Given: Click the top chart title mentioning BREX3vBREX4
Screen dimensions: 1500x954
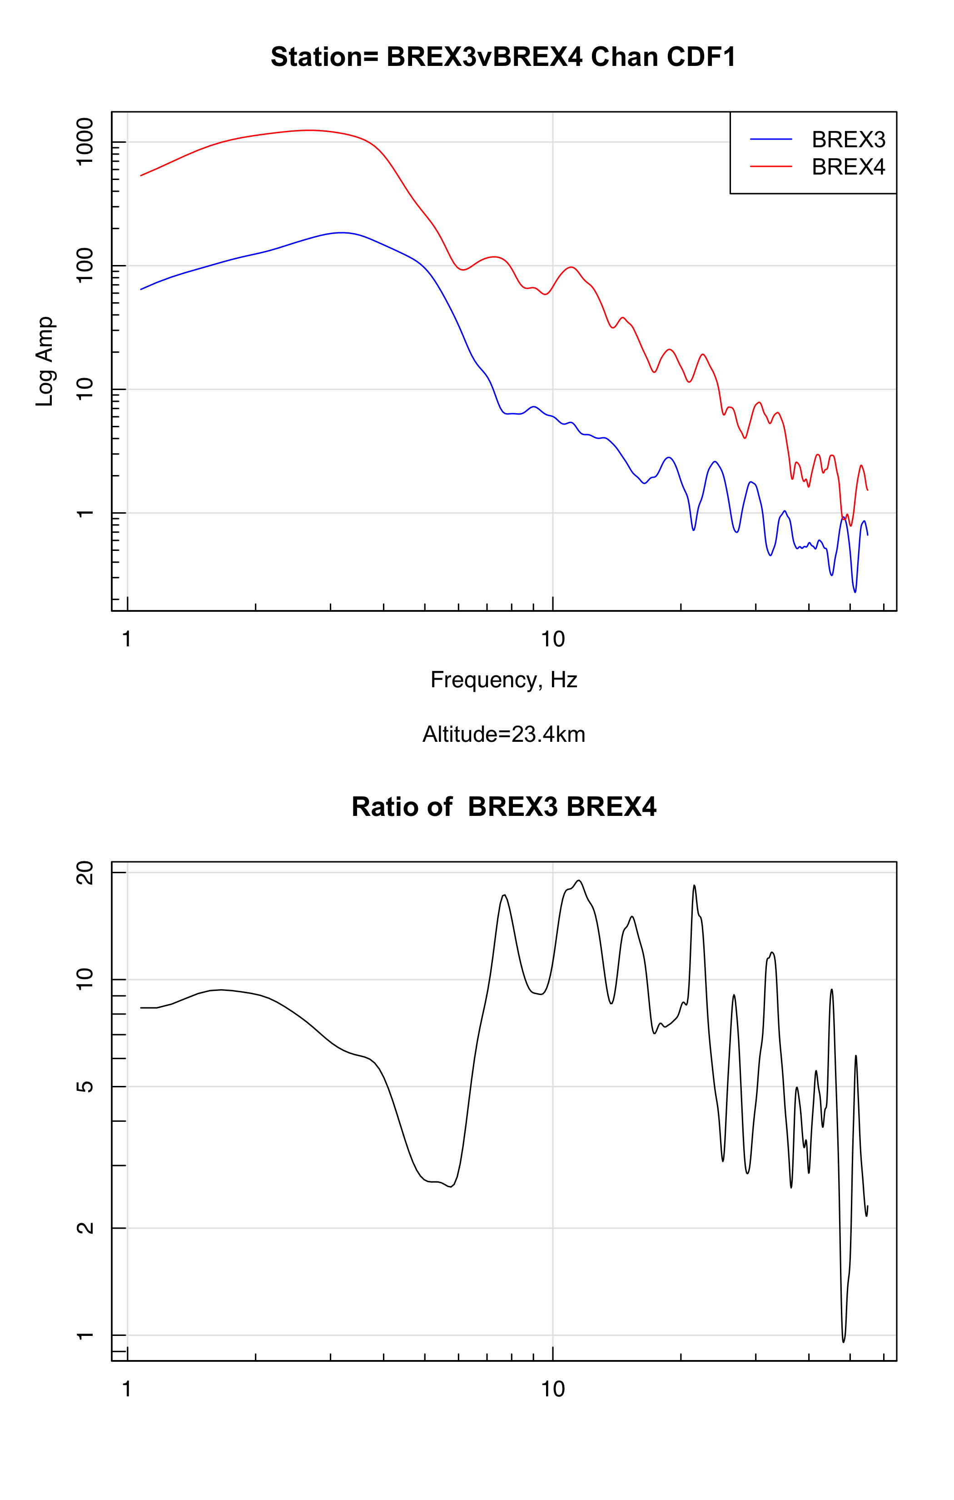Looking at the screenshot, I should tap(503, 57).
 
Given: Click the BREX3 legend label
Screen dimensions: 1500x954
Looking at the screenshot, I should tap(848, 140).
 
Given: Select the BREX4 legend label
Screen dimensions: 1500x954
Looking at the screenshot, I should tap(848, 167).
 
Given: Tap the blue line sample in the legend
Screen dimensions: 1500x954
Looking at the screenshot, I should tap(770, 140).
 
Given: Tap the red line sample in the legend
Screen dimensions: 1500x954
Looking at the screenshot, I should tap(770, 167).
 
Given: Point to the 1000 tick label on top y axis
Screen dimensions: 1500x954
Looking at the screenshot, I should tap(84, 142).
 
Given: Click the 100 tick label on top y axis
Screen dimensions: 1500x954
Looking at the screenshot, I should tap(84, 265).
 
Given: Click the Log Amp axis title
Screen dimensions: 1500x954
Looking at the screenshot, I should tap(45, 361).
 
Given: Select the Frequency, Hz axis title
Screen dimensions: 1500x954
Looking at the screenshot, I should tap(504, 680).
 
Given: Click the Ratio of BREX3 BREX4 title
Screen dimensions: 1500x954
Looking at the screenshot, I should tap(504, 807).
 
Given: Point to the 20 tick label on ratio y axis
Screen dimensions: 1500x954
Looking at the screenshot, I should tap(84, 873).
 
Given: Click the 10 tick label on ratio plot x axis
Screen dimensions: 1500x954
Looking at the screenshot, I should tap(552, 1390).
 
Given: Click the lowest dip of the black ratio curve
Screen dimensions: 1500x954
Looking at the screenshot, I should tap(844, 1341).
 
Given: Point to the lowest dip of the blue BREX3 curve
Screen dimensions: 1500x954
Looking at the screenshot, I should tap(855, 592).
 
